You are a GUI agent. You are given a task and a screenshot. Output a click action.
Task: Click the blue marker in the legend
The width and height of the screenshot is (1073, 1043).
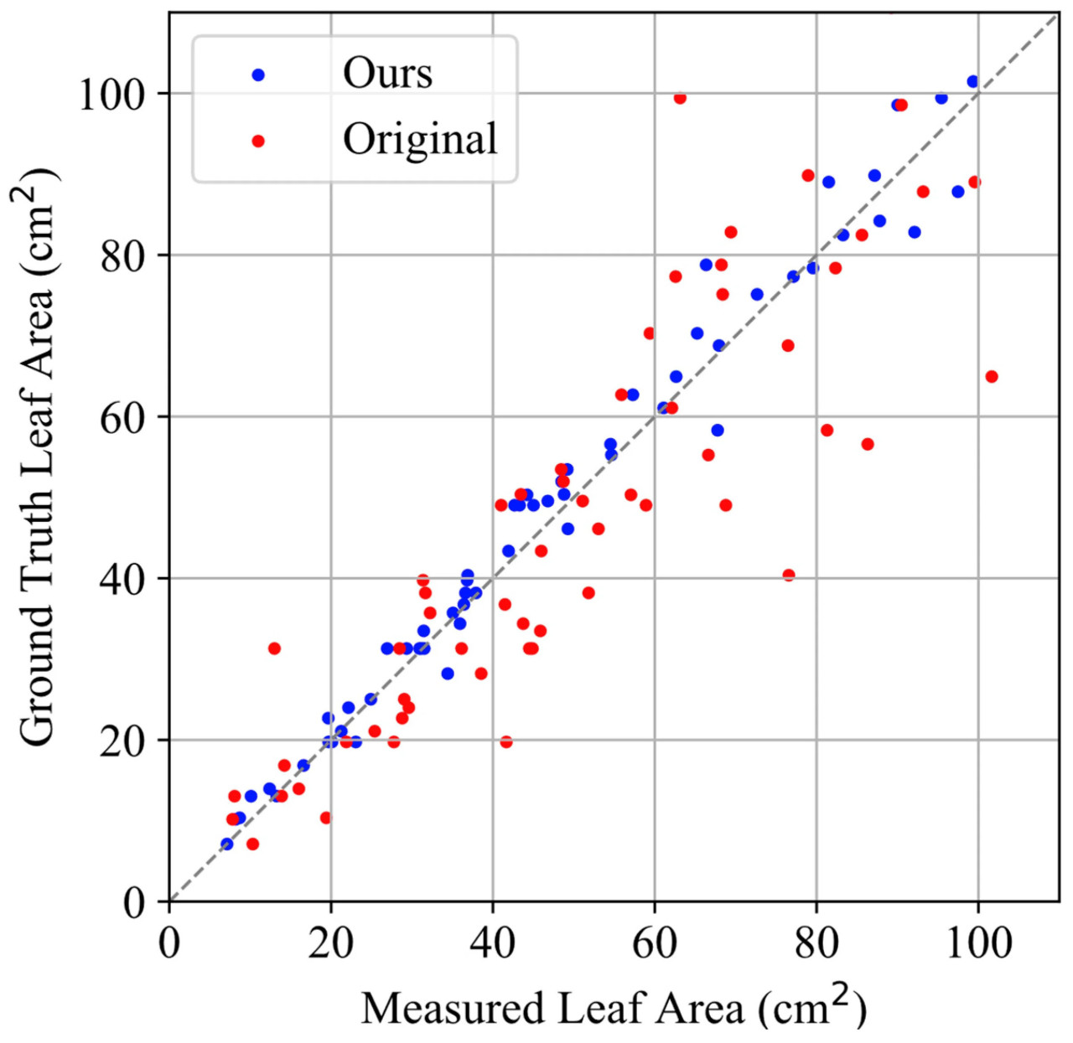(x=258, y=75)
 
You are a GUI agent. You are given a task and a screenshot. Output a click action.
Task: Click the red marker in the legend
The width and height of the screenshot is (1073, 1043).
(x=258, y=142)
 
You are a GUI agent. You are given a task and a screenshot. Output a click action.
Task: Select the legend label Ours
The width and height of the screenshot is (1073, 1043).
(x=387, y=74)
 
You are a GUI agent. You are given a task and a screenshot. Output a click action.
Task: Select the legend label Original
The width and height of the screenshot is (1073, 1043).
(x=420, y=140)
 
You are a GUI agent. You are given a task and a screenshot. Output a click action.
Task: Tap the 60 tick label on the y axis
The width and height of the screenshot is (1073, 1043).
(x=122, y=417)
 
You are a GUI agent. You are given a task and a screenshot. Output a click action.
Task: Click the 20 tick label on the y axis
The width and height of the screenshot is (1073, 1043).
(x=122, y=741)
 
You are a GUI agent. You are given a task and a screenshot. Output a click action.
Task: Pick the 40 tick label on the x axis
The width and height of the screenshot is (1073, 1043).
(x=492, y=943)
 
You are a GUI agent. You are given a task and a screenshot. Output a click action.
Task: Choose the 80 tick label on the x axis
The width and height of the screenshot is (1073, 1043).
(x=816, y=943)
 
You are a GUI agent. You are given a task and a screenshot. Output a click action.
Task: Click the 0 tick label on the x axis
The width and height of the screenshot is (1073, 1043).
(x=169, y=943)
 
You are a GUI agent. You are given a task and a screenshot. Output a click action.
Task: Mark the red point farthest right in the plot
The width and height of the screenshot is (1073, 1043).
(x=992, y=377)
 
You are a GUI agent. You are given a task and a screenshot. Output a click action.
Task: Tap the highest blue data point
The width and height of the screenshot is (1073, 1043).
(x=972, y=82)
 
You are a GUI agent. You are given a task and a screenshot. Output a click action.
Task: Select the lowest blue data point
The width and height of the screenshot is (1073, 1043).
(x=226, y=844)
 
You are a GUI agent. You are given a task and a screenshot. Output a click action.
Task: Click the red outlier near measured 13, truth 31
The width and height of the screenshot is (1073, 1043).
(x=274, y=648)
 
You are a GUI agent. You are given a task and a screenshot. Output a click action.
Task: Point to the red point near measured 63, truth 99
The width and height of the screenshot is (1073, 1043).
(x=680, y=99)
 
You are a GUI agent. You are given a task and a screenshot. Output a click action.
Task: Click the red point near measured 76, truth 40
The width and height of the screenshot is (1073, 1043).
(x=789, y=575)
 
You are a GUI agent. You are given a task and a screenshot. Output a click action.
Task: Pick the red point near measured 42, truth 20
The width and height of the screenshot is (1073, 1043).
(x=506, y=742)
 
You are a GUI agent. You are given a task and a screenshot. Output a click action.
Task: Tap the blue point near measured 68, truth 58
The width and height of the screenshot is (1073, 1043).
(x=718, y=431)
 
